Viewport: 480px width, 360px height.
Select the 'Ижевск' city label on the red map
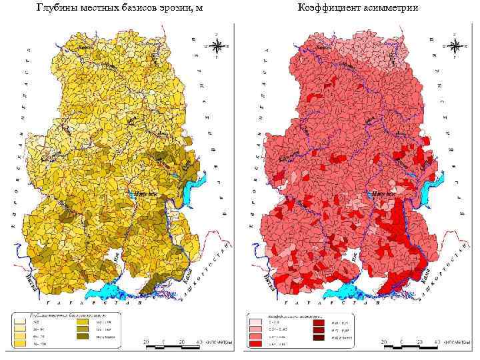click(383, 194)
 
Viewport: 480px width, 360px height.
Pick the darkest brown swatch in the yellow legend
click(85, 338)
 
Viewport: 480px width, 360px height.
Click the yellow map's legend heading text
click(63, 313)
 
